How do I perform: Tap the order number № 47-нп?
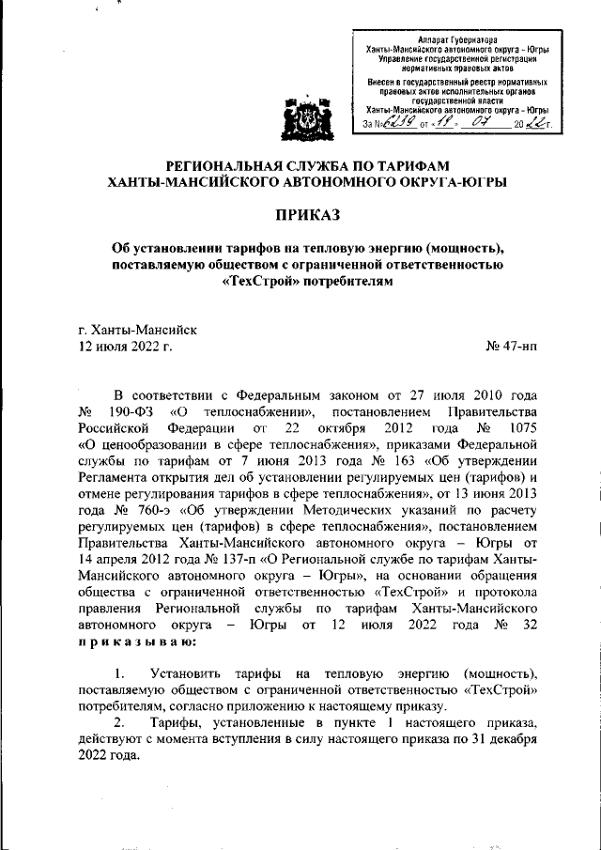[x=512, y=347]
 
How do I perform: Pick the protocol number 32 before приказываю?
[x=529, y=626]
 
